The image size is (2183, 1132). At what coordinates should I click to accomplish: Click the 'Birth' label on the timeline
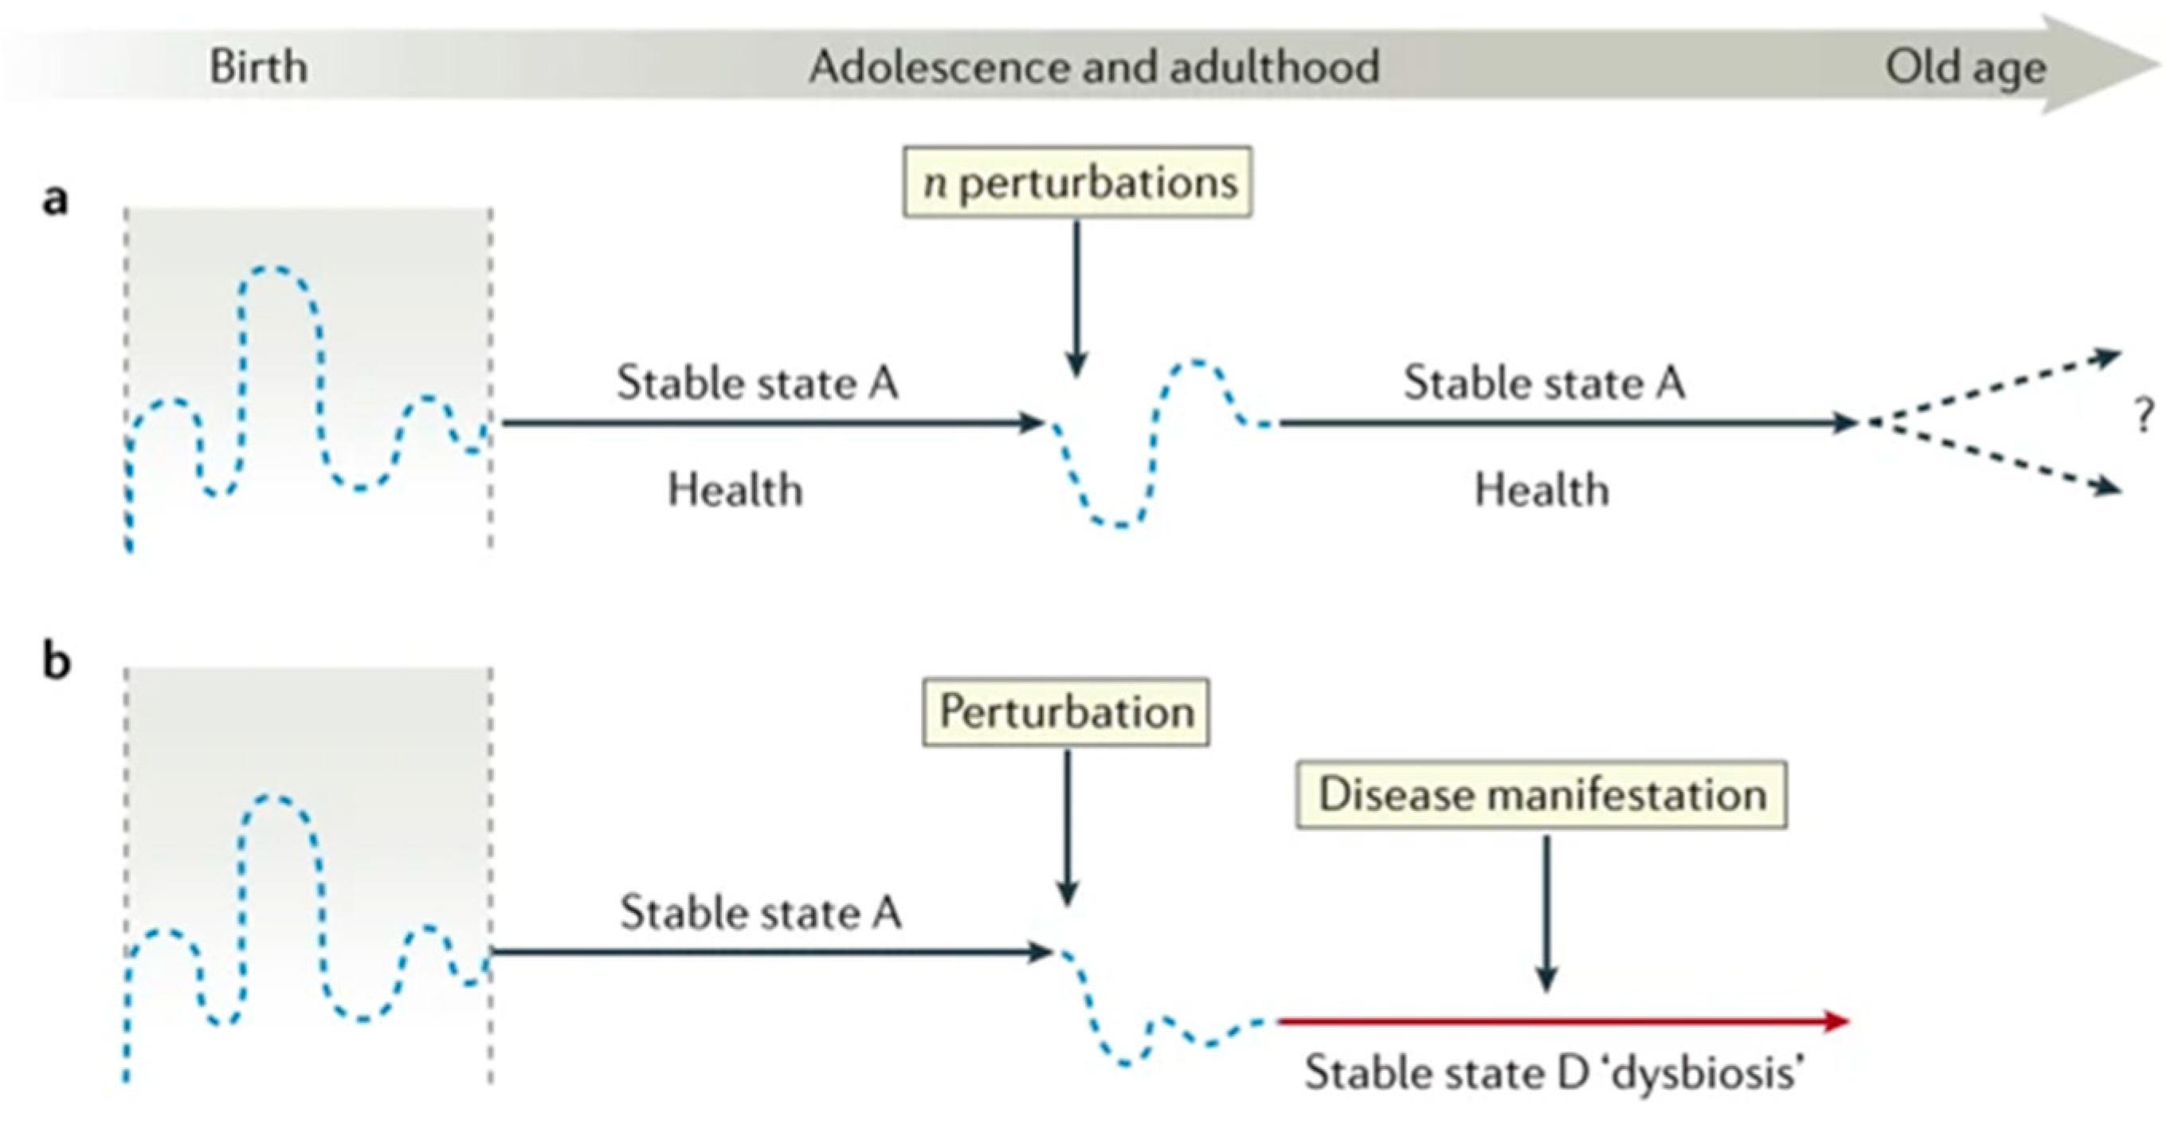pyautogui.click(x=258, y=67)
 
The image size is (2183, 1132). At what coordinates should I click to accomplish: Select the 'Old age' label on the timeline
pyautogui.click(x=1965, y=67)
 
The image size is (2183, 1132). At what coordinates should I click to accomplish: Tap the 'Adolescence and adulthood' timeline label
pyautogui.click(x=1094, y=67)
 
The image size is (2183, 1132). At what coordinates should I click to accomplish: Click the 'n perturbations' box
pyautogui.click(x=1077, y=182)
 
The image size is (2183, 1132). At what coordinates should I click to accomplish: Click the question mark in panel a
pyautogui.click(x=2144, y=417)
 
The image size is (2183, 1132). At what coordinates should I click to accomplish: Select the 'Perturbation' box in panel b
pyautogui.click(x=1066, y=711)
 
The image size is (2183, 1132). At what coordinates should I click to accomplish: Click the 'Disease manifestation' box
pyautogui.click(x=1542, y=795)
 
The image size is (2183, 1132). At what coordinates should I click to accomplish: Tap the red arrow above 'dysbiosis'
pyautogui.click(x=1559, y=1021)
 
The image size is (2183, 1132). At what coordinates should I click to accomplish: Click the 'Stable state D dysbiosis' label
pyautogui.click(x=1554, y=1073)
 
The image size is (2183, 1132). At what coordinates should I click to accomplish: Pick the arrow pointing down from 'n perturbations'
pyautogui.click(x=1076, y=296)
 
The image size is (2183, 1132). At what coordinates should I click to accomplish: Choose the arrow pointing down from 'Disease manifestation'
pyautogui.click(x=1546, y=911)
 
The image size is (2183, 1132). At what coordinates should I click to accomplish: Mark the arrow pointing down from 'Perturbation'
pyautogui.click(x=1067, y=826)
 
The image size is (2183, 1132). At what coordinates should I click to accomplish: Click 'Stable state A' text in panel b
pyautogui.click(x=760, y=914)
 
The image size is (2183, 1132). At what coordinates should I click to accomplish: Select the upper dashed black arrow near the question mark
pyautogui.click(x=1992, y=388)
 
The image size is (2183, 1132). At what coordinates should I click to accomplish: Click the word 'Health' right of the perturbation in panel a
pyautogui.click(x=1542, y=491)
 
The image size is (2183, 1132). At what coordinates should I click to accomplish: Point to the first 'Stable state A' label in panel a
pyautogui.click(x=757, y=383)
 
